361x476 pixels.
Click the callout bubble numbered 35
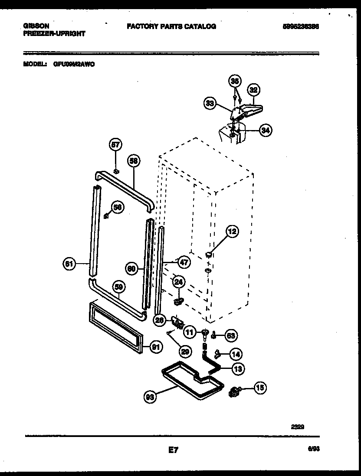click(234, 81)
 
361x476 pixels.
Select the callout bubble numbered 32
click(253, 90)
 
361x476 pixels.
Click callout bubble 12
click(232, 231)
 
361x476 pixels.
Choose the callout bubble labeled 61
click(69, 264)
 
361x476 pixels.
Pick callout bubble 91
click(156, 346)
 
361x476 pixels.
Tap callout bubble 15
click(260, 388)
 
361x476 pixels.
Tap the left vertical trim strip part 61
click(94, 230)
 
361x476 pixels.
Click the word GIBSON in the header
click(36, 26)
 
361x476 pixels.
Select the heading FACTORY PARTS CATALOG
click(171, 26)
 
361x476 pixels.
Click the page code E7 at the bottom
click(173, 451)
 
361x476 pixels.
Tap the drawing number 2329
click(297, 426)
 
